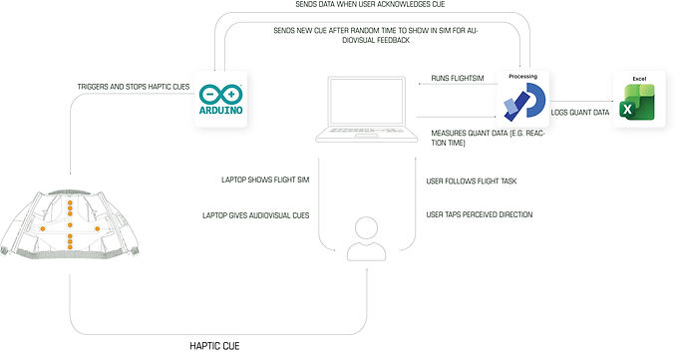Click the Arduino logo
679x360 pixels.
click(x=220, y=99)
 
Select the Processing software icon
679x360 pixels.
click(x=524, y=102)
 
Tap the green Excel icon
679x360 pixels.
click(x=636, y=103)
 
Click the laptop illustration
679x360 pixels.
click(x=366, y=109)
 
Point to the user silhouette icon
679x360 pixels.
click(x=366, y=238)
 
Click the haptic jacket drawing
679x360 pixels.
click(x=69, y=224)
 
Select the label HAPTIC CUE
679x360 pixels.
click(x=214, y=346)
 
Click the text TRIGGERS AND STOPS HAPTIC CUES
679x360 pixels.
click(x=134, y=87)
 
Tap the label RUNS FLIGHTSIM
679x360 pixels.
click(x=458, y=79)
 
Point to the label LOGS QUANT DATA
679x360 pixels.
click(x=580, y=113)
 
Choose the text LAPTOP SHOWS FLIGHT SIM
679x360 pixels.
click(x=265, y=180)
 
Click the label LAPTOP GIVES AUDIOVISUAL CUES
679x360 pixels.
click(x=255, y=215)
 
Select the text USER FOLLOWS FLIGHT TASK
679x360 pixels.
click(x=472, y=181)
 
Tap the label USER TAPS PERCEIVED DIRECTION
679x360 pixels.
click(x=480, y=214)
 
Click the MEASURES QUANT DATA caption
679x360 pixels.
click(x=488, y=138)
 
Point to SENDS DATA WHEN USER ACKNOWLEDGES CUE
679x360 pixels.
click(x=370, y=4)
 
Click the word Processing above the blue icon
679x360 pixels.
click(x=522, y=76)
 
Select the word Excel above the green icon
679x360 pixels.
click(x=639, y=79)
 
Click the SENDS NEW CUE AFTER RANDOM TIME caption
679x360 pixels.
click(x=376, y=36)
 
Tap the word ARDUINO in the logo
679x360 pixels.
click(x=220, y=110)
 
